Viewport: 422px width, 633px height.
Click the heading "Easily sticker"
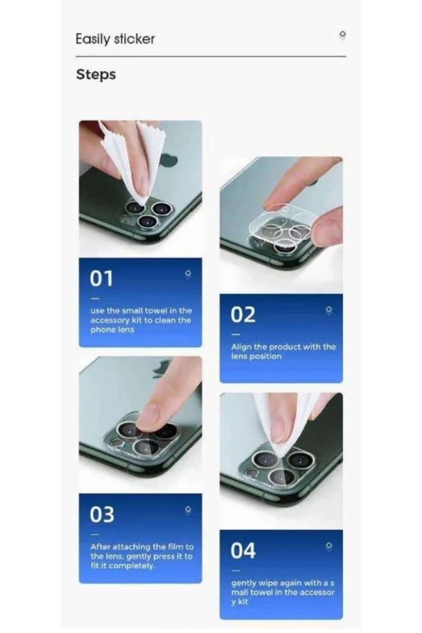tap(115, 39)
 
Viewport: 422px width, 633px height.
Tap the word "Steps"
tap(96, 75)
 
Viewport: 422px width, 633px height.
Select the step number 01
tap(101, 278)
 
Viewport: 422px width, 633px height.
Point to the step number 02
tap(243, 314)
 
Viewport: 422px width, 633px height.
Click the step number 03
tap(102, 514)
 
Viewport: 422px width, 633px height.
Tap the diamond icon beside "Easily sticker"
tap(342, 35)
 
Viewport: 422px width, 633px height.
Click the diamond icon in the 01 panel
tap(188, 274)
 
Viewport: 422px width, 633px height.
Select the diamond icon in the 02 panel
tap(329, 310)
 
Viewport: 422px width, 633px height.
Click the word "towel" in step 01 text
tap(157, 311)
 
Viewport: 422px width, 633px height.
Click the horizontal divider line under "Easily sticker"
tap(211, 56)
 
